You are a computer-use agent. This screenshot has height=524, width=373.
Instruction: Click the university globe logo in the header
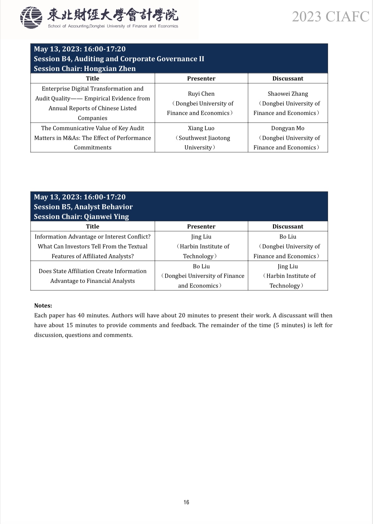point(31,17)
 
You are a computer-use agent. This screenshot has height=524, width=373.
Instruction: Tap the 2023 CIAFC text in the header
point(330,17)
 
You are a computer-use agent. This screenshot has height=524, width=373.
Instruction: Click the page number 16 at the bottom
point(186,502)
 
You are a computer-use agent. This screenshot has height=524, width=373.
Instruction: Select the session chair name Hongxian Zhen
point(109,69)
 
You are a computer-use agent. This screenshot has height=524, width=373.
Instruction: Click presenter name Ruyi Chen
point(201,94)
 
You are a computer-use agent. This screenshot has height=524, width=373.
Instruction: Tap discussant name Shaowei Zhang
point(288,94)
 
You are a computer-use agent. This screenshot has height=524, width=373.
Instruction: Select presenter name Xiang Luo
point(201,128)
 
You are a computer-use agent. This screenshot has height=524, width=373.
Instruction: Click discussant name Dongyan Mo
point(288,128)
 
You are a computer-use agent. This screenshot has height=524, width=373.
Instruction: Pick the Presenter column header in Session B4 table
point(201,78)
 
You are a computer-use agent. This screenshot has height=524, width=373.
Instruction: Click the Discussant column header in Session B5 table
point(288,226)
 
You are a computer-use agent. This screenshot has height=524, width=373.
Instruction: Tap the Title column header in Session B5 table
point(92,226)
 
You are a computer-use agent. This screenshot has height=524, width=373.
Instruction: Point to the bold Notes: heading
point(43,305)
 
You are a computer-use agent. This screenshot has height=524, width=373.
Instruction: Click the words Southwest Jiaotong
point(204,138)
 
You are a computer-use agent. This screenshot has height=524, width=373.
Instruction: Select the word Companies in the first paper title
point(92,118)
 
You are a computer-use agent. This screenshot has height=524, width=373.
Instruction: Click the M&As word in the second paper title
point(71,138)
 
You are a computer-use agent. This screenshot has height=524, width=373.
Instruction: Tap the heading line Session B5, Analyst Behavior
point(83,207)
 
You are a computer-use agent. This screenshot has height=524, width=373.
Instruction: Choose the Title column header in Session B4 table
point(92,78)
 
